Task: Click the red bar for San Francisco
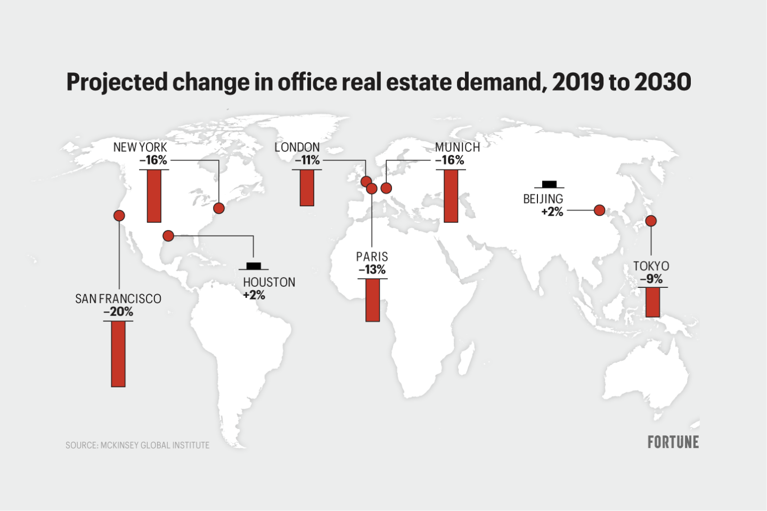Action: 118,353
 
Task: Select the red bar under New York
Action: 154,196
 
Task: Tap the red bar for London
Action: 307,188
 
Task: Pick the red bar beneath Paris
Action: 373,299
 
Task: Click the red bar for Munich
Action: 451,196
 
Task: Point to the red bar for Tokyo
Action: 652,302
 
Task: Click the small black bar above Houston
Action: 254,266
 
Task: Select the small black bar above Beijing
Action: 549,184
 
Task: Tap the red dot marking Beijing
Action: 599,210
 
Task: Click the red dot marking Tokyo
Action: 651,221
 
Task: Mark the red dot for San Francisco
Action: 119,215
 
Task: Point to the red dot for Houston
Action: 168,236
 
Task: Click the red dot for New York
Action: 218,208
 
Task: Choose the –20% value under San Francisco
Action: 118,312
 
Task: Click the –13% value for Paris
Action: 372,270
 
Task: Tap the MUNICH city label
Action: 457,147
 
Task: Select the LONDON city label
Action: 297,147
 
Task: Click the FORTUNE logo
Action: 673,442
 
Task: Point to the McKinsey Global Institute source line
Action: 137,445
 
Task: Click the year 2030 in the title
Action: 663,82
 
